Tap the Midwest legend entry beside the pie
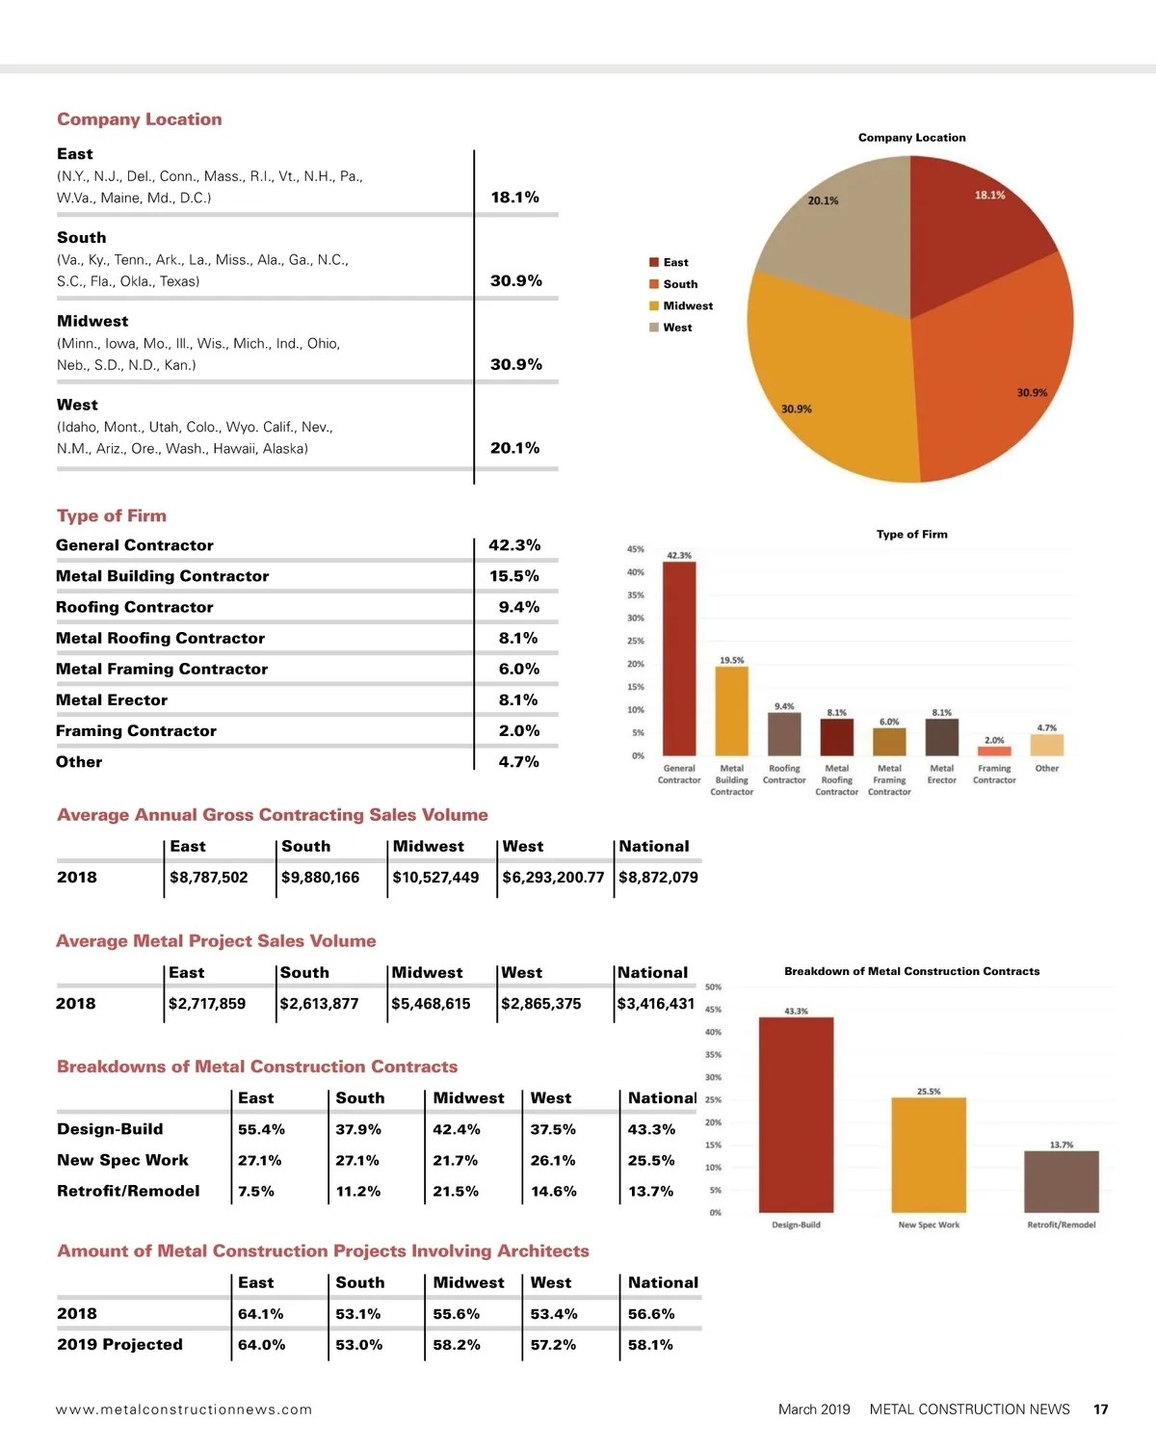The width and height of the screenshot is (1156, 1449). coord(688,306)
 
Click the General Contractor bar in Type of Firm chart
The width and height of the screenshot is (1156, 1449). coord(679,659)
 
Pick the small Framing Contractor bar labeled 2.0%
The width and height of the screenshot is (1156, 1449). coord(994,751)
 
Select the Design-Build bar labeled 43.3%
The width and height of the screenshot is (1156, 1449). coord(796,1115)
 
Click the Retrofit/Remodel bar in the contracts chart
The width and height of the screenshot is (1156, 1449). coord(1061,1181)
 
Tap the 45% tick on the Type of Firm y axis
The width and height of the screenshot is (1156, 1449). coord(636,549)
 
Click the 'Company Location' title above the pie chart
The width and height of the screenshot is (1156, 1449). coord(911,138)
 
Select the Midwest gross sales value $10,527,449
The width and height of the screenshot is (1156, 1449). coord(435,878)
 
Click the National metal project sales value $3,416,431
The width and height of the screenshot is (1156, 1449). coord(656,1004)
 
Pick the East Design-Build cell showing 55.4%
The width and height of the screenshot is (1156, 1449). coord(261,1129)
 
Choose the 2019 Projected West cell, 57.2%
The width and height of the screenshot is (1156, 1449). coord(553,1345)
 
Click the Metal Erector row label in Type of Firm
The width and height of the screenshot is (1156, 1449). coord(112,700)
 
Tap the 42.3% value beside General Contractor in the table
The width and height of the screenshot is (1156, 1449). coord(514,545)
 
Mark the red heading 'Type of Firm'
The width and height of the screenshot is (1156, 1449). coord(112,516)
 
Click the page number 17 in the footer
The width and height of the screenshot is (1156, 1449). coord(1100,1409)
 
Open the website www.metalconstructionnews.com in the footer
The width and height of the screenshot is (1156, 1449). coord(184,1409)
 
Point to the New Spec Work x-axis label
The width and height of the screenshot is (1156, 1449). coord(929,1225)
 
